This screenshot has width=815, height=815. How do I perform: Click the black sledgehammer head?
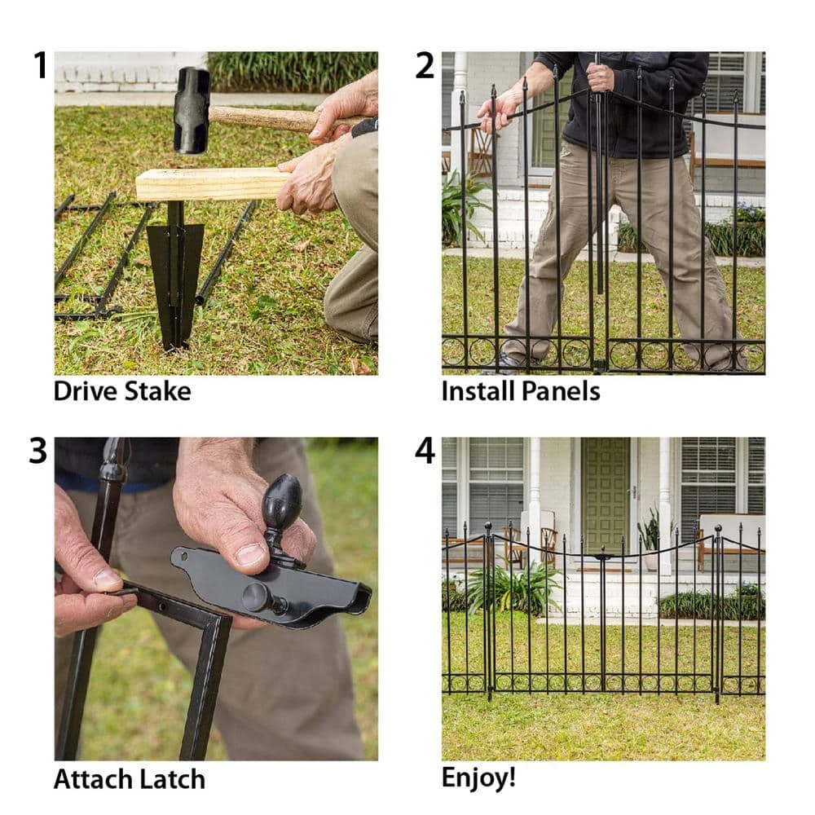(192, 111)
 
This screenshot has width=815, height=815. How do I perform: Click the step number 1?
(40, 65)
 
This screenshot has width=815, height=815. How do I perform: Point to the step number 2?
(425, 65)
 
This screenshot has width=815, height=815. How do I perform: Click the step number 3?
(38, 451)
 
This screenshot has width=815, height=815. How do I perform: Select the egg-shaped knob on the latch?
(281, 502)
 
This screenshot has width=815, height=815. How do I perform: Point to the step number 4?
(425, 451)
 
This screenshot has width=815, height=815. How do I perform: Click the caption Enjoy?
(478, 778)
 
